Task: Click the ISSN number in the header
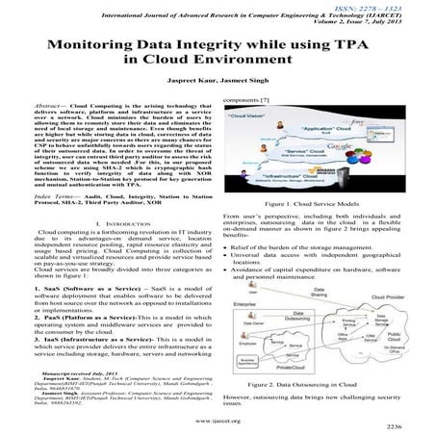(390, 6)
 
